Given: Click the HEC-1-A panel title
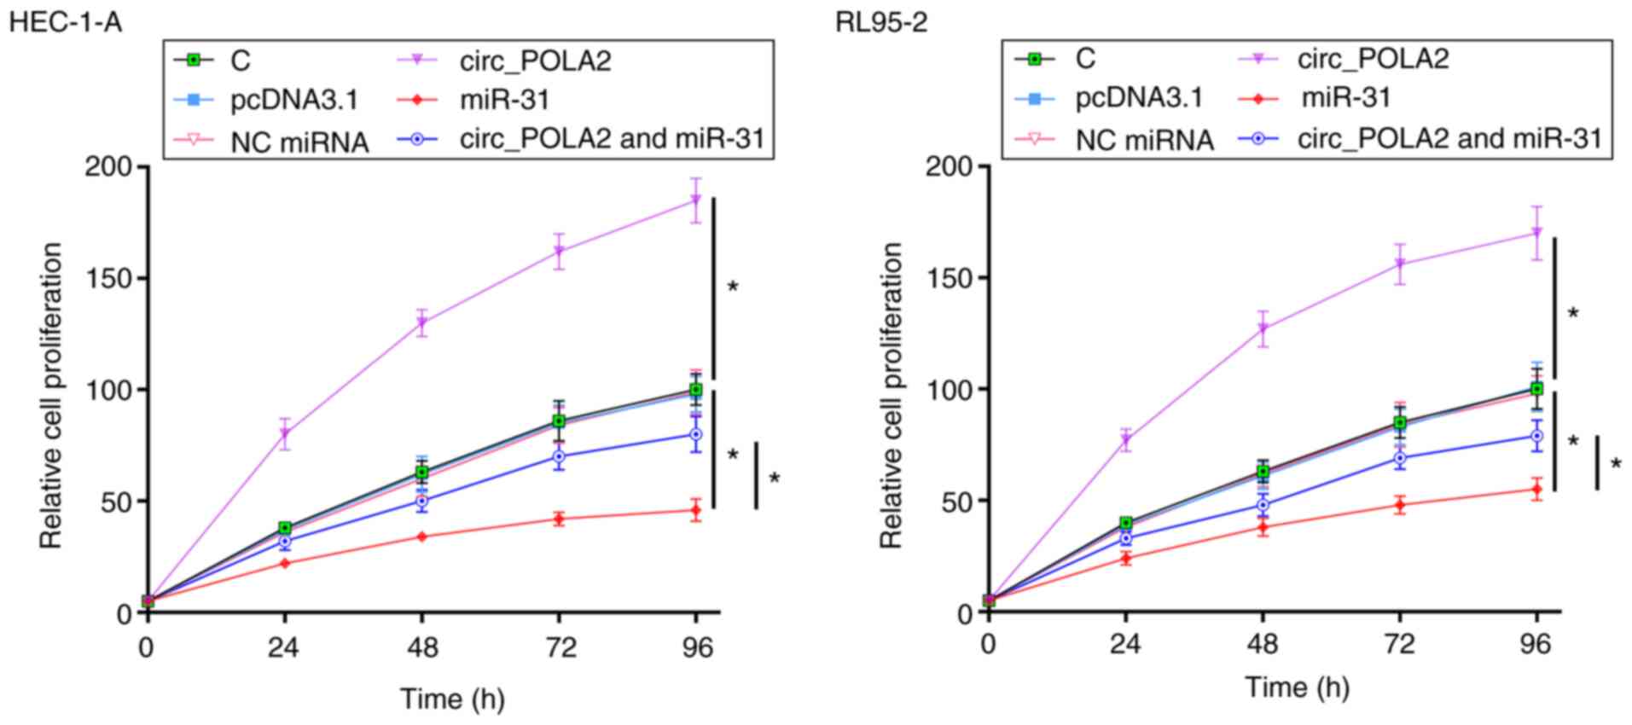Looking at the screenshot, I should coord(65,21).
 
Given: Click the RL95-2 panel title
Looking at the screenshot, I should coord(880,21).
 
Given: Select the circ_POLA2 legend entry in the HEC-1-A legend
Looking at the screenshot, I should coord(535,61).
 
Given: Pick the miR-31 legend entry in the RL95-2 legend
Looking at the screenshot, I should coord(1345,98).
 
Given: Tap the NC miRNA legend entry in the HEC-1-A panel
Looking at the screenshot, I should coord(299,142).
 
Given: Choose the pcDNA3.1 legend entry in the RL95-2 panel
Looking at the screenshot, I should coord(1138,98).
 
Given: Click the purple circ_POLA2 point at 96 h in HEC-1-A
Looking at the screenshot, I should coord(696,200).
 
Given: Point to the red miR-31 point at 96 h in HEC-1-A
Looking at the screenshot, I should coord(696,510).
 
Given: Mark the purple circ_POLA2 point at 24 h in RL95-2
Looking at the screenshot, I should coord(1126,440).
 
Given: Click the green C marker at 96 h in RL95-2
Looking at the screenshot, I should coord(1536,389).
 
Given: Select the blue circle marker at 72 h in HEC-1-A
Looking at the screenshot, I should coord(559,456).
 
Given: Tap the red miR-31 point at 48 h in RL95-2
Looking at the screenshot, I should coord(1263,527).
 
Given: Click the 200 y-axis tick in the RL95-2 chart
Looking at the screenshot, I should coord(949,166).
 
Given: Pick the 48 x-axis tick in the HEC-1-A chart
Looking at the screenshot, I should coord(421,648).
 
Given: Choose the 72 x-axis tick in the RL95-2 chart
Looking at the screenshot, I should coord(1399,644).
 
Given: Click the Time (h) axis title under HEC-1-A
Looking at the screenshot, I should coord(453,699).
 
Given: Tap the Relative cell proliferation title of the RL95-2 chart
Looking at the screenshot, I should coord(891,395).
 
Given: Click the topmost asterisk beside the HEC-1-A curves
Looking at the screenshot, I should coord(733,287).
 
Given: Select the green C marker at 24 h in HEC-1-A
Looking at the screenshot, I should coord(284,528).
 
